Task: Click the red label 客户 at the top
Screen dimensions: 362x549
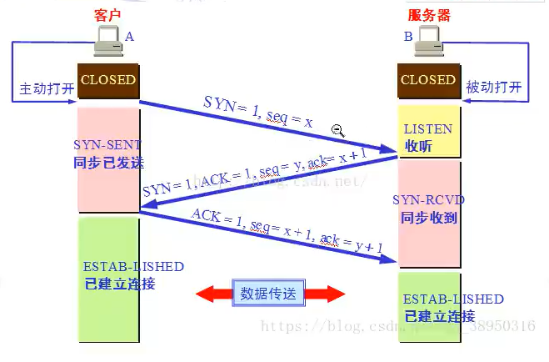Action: coord(107,15)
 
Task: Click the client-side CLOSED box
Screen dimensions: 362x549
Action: coord(107,81)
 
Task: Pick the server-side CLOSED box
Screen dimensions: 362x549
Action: coord(428,81)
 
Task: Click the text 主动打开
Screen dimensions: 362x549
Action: coord(47,88)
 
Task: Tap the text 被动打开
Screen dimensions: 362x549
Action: coord(494,88)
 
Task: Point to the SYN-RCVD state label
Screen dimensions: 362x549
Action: coord(428,200)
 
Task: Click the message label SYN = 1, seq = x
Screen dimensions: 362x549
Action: coord(258,112)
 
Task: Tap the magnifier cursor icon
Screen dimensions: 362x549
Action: coord(338,129)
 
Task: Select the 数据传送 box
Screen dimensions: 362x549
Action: coord(268,293)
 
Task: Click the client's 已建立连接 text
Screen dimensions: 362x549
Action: coord(120,284)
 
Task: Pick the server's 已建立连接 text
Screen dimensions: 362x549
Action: coord(439,316)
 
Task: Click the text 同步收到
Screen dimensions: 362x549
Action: coord(427,218)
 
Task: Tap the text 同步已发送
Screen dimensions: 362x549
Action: coord(109,162)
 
